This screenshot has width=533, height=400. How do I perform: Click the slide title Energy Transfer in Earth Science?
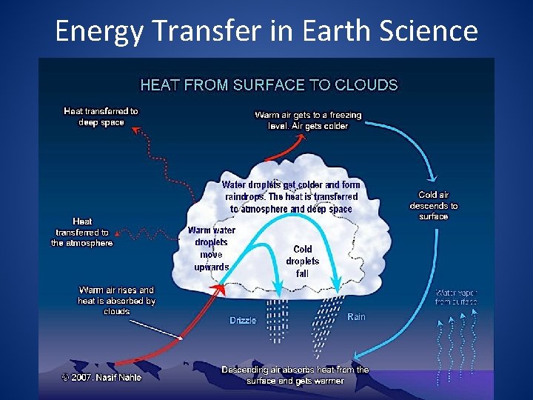point(266,31)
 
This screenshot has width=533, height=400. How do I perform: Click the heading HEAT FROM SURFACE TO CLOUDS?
point(269,85)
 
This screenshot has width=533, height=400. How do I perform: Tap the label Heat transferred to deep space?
point(101,117)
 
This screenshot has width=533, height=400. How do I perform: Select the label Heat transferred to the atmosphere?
point(82,232)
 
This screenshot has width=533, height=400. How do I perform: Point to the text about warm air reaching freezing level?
point(308,120)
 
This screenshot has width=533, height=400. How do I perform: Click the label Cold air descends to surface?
point(434,206)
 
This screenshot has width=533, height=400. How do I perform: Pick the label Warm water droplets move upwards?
point(212,249)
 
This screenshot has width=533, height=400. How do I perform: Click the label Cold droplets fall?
point(302,261)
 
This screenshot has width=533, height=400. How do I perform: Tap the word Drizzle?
point(243,321)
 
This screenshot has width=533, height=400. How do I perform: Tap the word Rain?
point(356,317)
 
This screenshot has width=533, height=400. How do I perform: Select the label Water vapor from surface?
point(456,297)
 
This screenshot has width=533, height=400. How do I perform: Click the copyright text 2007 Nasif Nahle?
point(101,377)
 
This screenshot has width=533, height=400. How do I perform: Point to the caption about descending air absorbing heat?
point(295,375)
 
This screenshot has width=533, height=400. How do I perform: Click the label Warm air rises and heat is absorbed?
point(117,300)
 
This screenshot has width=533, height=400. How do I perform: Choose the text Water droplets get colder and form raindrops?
point(291,197)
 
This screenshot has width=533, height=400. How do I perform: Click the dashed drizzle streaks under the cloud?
point(275,320)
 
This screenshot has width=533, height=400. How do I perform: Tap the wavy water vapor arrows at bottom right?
point(457,348)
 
